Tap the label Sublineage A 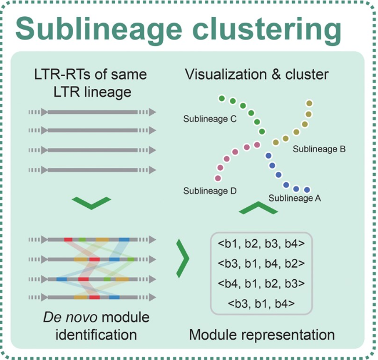pos(295,198)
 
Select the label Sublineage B pos(319,149)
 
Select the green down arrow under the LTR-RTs pos(91,203)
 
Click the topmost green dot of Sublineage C pos(221,98)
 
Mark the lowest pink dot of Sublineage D pos(218,178)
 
